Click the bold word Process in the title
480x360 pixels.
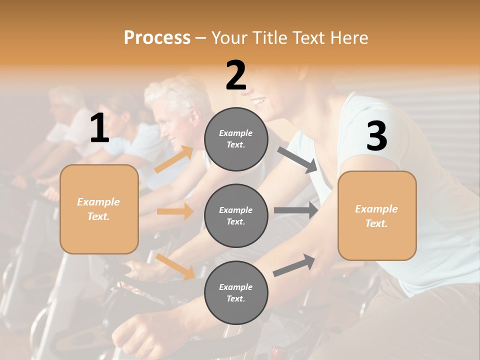click(x=157, y=37)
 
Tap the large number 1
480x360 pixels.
click(x=99, y=128)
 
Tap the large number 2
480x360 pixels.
click(x=236, y=75)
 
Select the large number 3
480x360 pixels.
click(x=376, y=136)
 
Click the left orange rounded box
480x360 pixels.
click(x=99, y=209)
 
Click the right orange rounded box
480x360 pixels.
click(x=377, y=215)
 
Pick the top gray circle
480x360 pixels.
click(x=236, y=139)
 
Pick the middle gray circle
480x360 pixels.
click(x=236, y=215)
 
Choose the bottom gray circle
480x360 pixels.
click(x=236, y=292)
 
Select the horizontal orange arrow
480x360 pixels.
click(x=175, y=211)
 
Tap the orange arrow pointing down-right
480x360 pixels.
click(x=175, y=266)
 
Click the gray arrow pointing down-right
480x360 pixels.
click(x=297, y=160)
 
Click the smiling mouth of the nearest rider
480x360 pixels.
click(x=259, y=101)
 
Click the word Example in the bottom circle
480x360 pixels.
click(x=235, y=287)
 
